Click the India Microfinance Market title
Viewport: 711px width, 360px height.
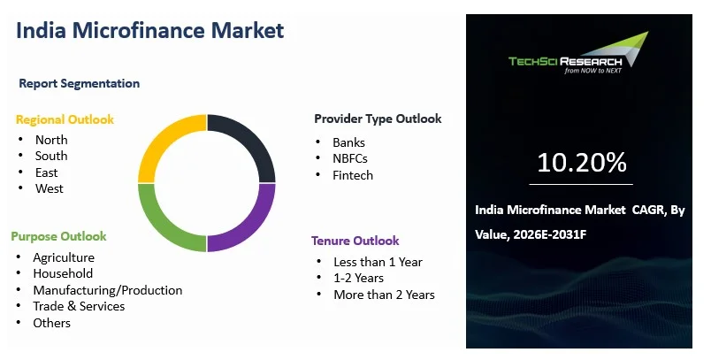point(149,30)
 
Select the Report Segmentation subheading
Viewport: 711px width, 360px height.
point(80,83)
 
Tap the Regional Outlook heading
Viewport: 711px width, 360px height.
point(65,119)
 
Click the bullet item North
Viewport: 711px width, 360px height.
point(51,140)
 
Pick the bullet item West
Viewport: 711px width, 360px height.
point(50,188)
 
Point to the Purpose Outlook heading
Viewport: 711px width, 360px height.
point(58,236)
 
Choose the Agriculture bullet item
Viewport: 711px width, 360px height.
point(63,257)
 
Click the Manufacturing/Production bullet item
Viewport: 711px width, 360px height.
point(107,290)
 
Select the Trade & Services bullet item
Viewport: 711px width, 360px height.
point(79,306)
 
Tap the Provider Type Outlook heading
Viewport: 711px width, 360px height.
point(378,119)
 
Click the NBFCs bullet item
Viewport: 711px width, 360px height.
point(350,158)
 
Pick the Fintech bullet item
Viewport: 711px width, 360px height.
point(353,175)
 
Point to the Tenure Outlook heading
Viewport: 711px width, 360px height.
point(355,241)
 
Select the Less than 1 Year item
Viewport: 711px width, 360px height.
point(378,262)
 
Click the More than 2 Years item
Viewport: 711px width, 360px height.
point(384,295)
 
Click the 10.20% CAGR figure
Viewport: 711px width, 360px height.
point(582,163)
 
